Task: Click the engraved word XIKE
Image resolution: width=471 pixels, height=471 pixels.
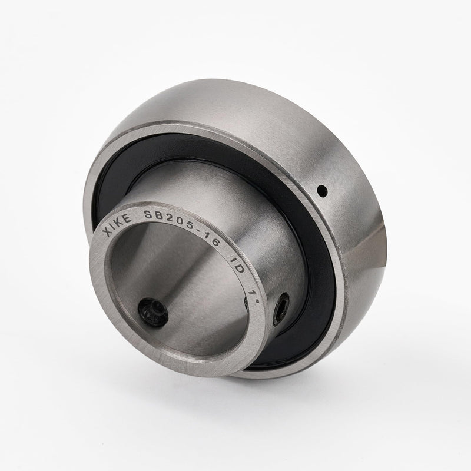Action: (x=117, y=225)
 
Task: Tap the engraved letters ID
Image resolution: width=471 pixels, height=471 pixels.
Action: (x=237, y=263)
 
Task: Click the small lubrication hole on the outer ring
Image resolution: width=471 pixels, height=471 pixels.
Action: (x=322, y=190)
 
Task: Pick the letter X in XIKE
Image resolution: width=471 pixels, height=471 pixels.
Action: (x=107, y=233)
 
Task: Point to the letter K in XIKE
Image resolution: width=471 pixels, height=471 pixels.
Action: (x=121, y=223)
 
